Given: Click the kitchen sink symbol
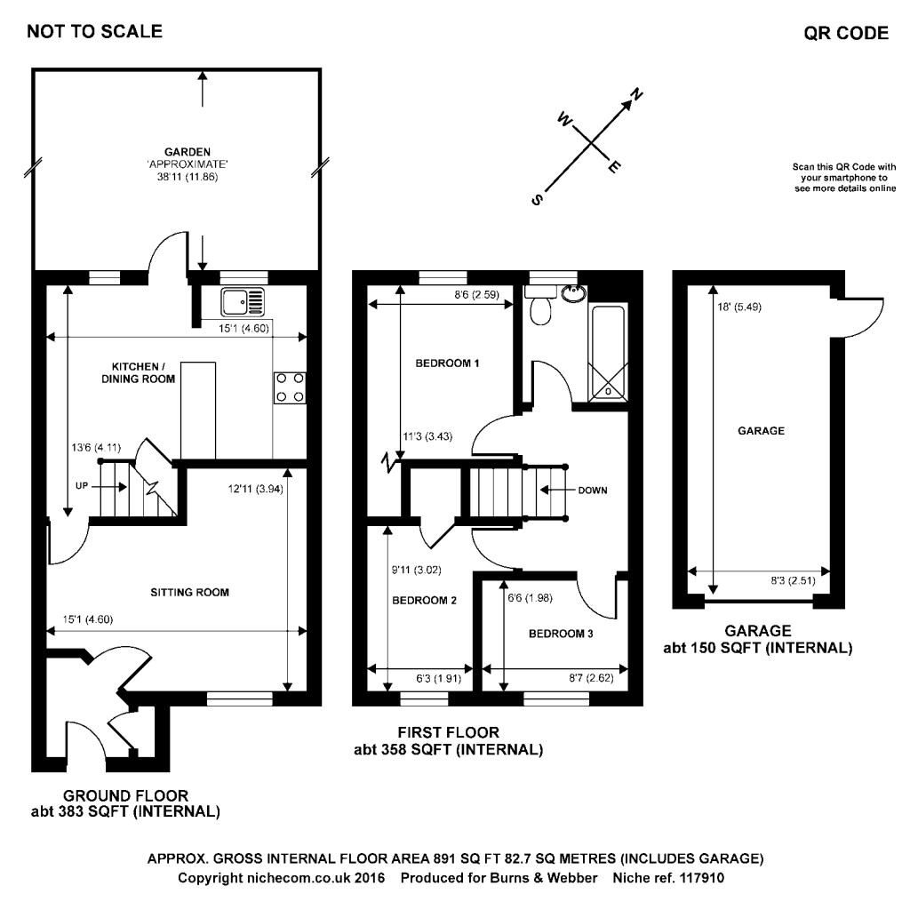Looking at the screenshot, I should pyautogui.click(x=243, y=302).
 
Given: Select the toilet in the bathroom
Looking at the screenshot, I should pyautogui.click(x=539, y=310).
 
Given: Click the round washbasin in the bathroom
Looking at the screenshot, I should pyautogui.click(x=570, y=292).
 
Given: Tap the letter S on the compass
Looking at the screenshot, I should pyautogui.click(x=537, y=200).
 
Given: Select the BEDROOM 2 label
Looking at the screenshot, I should pyautogui.click(x=424, y=601).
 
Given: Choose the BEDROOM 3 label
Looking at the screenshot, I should pyautogui.click(x=560, y=634).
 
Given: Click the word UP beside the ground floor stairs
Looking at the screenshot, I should pyautogui.click(x=81, y=486).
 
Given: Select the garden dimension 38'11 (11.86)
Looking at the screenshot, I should pyautogui.click(x=186, y=177).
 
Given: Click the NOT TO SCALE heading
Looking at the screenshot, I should pyautogui.click(x=95, y=32).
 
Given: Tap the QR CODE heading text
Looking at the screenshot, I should pyautogui.click(x=845, y=34).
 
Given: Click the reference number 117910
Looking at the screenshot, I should pyautogui.click(x=702, y=877).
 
